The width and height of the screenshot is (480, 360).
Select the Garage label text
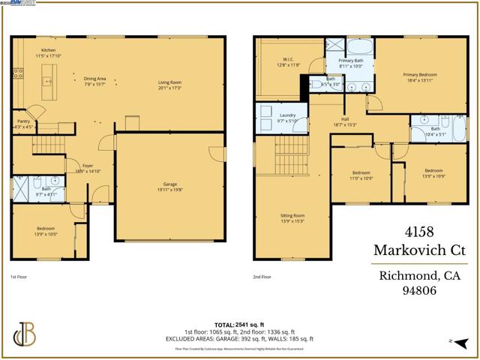coord(169,187)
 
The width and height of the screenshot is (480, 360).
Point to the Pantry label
coord(23,123)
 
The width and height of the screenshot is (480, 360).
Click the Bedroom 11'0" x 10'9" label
coord(361,175)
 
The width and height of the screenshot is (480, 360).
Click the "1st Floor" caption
coord(19,277)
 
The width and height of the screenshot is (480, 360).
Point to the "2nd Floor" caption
coord(263,277)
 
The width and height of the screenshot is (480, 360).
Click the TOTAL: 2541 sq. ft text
coord(239,325)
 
